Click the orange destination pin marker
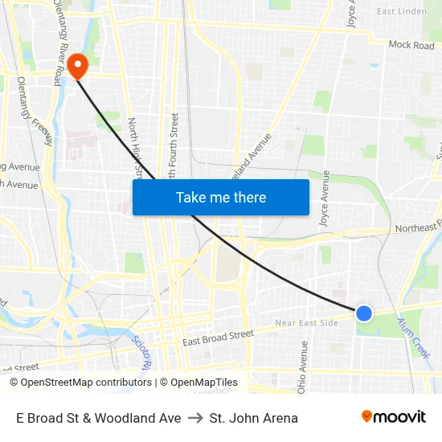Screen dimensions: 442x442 77,65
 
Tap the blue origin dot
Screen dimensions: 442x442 364,313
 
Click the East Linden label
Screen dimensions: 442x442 401,11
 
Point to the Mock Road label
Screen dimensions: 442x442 411,46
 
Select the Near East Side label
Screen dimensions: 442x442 306,323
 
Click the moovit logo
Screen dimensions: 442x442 393,417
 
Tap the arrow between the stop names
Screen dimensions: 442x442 195,418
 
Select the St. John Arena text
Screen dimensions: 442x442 253,418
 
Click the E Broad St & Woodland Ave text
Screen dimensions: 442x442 98,418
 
